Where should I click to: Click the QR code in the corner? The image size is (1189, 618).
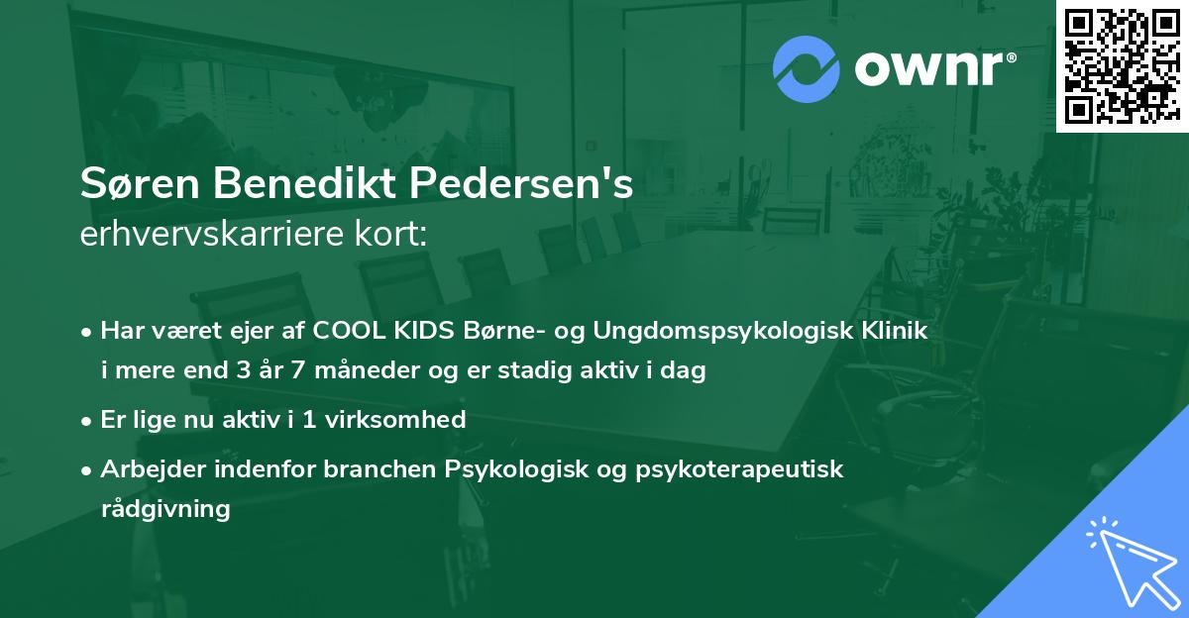tap(1122, 65)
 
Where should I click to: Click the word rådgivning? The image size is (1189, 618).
tap(165, 509)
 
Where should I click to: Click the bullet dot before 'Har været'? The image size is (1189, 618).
tap(88, 332)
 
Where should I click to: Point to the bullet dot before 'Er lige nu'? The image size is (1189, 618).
tap(88, 421)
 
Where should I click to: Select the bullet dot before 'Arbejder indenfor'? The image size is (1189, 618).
tap(88, 470)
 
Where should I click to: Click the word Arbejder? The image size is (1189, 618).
tap(149, 469)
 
